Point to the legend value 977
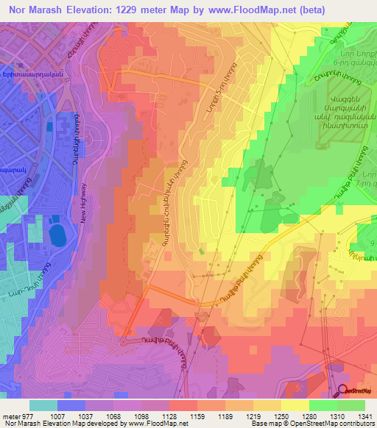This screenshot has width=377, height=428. click(x=29, y=415)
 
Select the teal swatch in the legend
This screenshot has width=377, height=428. click(x=43, y=405)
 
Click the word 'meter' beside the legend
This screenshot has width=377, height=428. click(x=11, y=415)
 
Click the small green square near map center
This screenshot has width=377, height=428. click(x=202, y=252)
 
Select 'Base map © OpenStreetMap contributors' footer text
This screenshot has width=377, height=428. click(x=311, y=424)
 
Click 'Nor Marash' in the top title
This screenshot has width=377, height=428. click(x=35, y=10)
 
